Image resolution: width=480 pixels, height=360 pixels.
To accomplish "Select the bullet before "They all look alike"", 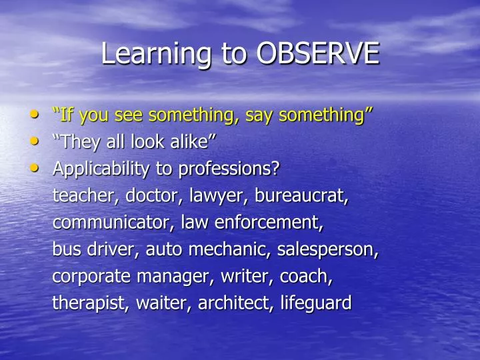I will click(x=35, y=141).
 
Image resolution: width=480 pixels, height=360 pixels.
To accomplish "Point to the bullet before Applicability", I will click(x=35, y=168).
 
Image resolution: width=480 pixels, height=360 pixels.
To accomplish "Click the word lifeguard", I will click(x=315, y=303).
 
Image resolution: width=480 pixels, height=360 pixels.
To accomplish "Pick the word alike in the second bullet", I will click(x=195, y=141).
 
